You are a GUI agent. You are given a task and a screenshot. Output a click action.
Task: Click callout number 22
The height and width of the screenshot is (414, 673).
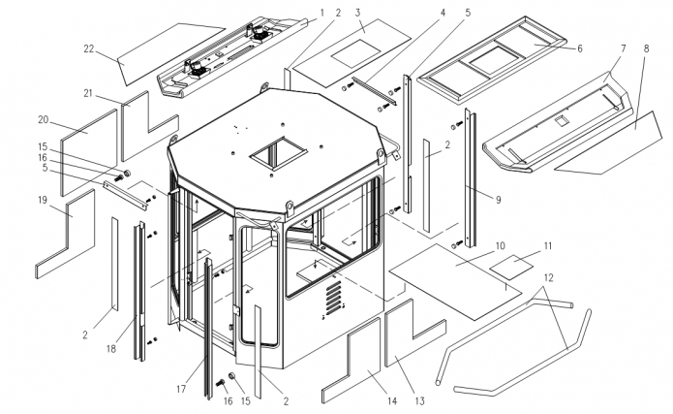pos(88,49)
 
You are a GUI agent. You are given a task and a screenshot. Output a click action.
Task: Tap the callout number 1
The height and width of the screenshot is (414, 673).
pos(321,13)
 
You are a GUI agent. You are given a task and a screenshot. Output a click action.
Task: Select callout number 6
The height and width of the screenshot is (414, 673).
pos(580,48)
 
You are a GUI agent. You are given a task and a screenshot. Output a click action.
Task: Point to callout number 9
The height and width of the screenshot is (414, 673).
pos(498,200)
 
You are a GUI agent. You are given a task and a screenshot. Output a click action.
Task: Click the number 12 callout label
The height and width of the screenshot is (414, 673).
pos(548,277)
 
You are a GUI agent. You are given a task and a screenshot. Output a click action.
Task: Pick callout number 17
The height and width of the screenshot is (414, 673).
pos(181,389)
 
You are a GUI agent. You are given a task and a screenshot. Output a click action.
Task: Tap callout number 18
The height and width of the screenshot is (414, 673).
pos(111,349)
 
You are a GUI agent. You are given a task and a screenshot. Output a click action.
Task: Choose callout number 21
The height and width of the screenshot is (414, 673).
pos(88,93)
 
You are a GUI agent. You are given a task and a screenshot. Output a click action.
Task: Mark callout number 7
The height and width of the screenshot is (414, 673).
pos(623,48)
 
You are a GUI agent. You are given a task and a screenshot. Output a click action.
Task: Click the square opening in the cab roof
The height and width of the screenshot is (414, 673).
pos(279,152)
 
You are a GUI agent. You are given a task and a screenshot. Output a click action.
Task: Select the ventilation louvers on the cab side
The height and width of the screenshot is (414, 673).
pos(333,298)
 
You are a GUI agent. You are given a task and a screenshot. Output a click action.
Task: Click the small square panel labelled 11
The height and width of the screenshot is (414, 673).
pos(511,267)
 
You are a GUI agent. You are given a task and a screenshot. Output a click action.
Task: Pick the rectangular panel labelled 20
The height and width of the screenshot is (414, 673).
pos(89,152)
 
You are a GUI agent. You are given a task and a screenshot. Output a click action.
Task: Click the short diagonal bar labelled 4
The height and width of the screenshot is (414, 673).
pos(374,90)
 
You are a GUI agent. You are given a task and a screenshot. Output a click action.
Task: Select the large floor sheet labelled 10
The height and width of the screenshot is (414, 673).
pos(455,281)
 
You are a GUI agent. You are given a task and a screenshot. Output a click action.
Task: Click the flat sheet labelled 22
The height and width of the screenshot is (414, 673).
pos(171,53)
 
